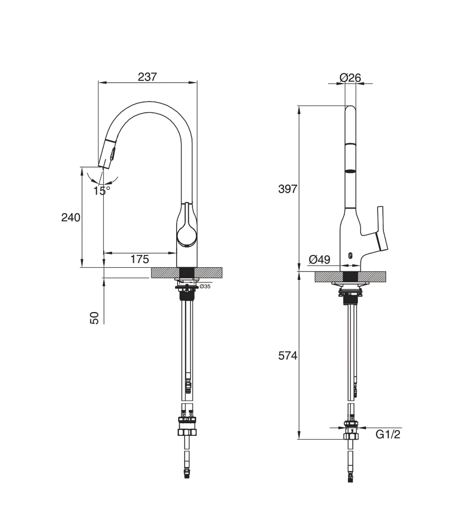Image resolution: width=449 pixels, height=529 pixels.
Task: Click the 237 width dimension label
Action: (x=148, y=77)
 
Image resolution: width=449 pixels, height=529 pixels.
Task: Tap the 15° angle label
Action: (x=102, y=190)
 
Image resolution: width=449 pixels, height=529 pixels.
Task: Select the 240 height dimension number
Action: (x=71, y=217)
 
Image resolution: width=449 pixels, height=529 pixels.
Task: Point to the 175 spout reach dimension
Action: (x=139, y=259)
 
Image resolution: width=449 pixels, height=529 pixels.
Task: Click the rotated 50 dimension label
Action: (x=95, y=317)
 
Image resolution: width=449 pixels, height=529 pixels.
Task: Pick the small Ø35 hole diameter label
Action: (x=205, y=287)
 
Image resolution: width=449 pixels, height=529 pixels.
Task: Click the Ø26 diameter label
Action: (x=350, y=78)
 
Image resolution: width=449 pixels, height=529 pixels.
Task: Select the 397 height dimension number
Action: (x=288, y=189)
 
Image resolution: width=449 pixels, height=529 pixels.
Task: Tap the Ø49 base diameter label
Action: (x=319, y=259)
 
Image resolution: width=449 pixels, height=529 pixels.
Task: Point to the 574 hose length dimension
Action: (x=288, y=356)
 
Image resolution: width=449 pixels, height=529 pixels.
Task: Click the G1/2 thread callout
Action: (x=387, y=435)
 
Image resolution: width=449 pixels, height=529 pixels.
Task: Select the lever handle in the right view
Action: (x=381, y=227)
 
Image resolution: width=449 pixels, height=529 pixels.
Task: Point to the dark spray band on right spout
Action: (x=350, y=171)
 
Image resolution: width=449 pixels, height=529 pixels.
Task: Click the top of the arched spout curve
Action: (x=145, y=103)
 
